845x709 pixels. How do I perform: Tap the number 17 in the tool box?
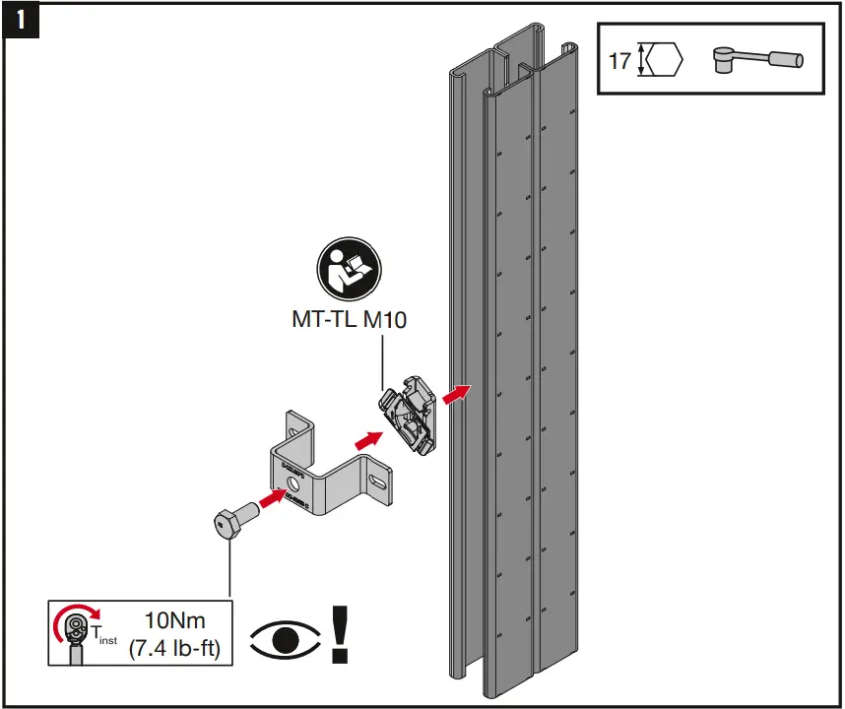[619, 61]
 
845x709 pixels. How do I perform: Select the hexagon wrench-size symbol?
[662, 61]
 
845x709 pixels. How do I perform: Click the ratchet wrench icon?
[755, 61]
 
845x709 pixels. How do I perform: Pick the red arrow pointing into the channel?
[455, 393]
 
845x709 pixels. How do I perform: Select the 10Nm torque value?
[173, 622]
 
